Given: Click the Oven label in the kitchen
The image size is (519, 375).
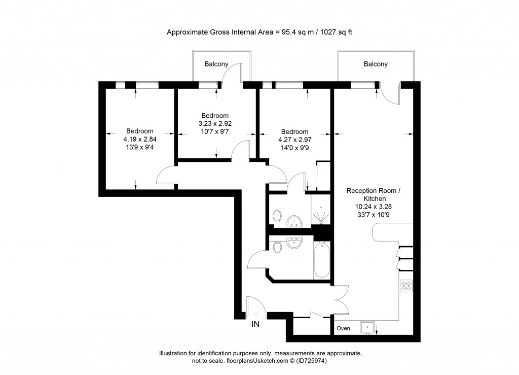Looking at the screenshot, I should [x=343, y=328].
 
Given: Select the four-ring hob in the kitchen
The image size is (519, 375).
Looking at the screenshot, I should [x=406, y=286].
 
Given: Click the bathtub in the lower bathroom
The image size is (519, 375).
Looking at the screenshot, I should [x=322, y=260].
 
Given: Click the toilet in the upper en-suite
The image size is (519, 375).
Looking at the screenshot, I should [x=277, y=217].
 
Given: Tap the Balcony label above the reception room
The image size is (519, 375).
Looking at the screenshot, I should [x=376, y=64].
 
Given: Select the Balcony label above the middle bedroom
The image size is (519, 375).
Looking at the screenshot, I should [x=216, y=64].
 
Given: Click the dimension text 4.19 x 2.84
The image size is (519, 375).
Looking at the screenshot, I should [x=140, y=139].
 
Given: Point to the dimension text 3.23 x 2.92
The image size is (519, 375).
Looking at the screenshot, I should [x=214, y=123].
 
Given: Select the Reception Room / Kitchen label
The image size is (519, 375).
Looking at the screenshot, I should [x=373, y=195].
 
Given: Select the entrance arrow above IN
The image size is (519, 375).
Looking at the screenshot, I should [x=255, y=314].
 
